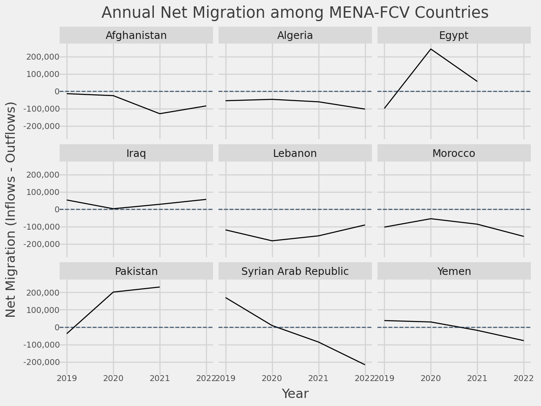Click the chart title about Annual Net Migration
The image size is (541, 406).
click(x=295, y=13)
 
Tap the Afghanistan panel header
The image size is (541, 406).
click(x=136, y=36)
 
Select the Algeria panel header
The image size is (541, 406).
click(x=295, y=36)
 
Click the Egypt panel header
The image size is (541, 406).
click(x=454, y=36)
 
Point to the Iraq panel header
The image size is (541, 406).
click(x=136, y=154)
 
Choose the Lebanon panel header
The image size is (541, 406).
click(x=295, y=154)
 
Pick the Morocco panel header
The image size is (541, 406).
click(x=454, y=154)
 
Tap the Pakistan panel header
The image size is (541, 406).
click(x=136, y=271)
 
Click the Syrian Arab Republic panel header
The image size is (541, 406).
click(x=295, y=271)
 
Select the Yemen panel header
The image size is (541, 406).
click(x=454, y=271)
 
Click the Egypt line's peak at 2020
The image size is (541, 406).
click(x=431, y=49)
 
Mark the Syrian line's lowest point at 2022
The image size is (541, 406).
click(x=365, y=365)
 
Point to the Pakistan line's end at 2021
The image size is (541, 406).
click(x=160, y=287)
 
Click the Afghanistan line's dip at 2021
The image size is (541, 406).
click(x=160, y=113)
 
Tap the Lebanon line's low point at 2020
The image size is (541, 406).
click(x=272, y=241)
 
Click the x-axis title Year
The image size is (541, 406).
click(x=295, y=394)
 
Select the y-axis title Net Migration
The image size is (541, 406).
click(x=11, y=209)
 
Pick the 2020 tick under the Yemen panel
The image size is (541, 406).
click(x=431, y=378)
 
